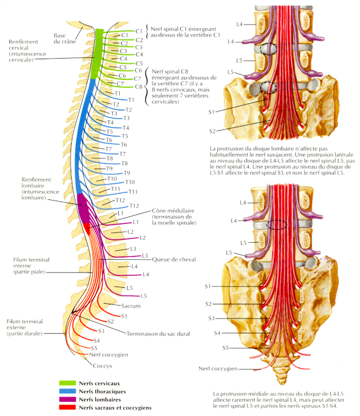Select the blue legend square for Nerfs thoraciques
(x=68, y=391)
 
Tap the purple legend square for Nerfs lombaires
(x=68, y=399)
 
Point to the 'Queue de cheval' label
(x=174, y=259)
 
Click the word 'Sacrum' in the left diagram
(x=132, y=306)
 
